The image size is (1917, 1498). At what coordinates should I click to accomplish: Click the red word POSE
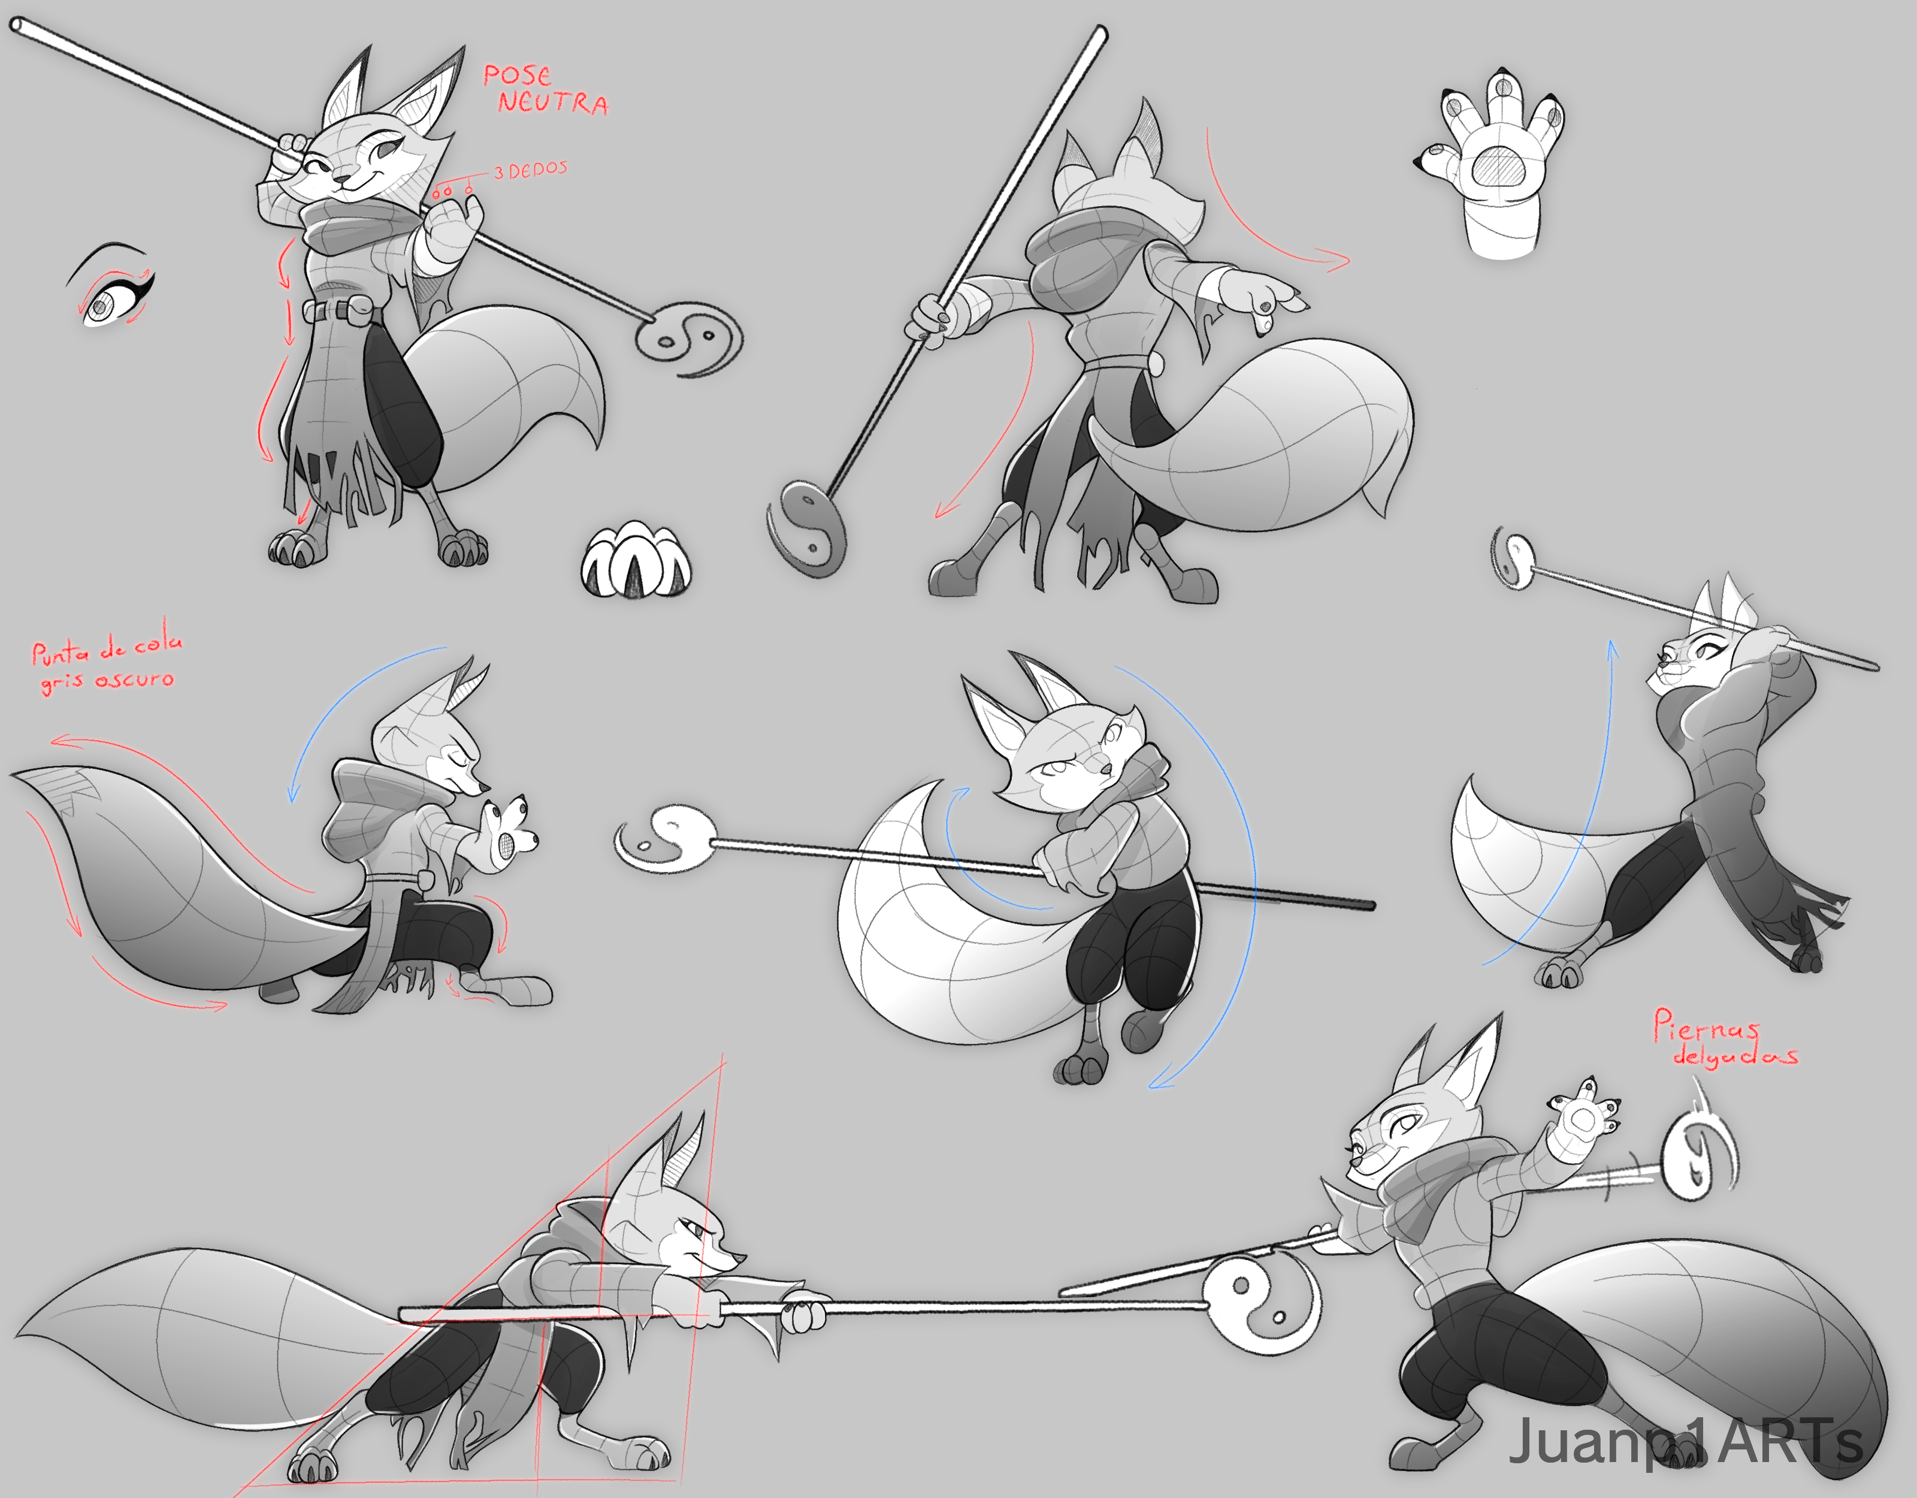point(517,75)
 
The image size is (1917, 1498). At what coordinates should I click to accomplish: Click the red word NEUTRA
point(553,102)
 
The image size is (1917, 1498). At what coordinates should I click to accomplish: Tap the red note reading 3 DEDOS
point(530,170)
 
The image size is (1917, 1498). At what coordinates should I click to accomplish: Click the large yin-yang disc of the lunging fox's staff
point(1260,1304)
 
